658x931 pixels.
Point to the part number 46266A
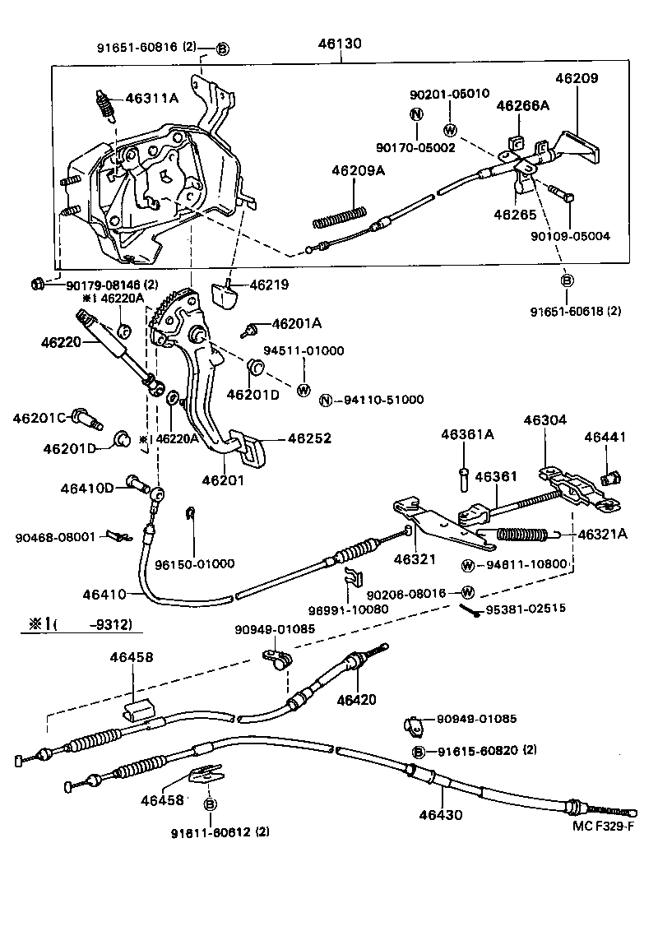pos(522,106)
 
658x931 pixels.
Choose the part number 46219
pos(269,285)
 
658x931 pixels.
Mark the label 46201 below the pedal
pos(223,479)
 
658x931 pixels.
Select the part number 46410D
pos(86,488)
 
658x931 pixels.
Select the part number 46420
pos(357,700)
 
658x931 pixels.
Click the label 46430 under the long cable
pos(441,816)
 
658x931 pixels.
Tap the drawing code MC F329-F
pos(603,826)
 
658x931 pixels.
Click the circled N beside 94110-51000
pos(326,400)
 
